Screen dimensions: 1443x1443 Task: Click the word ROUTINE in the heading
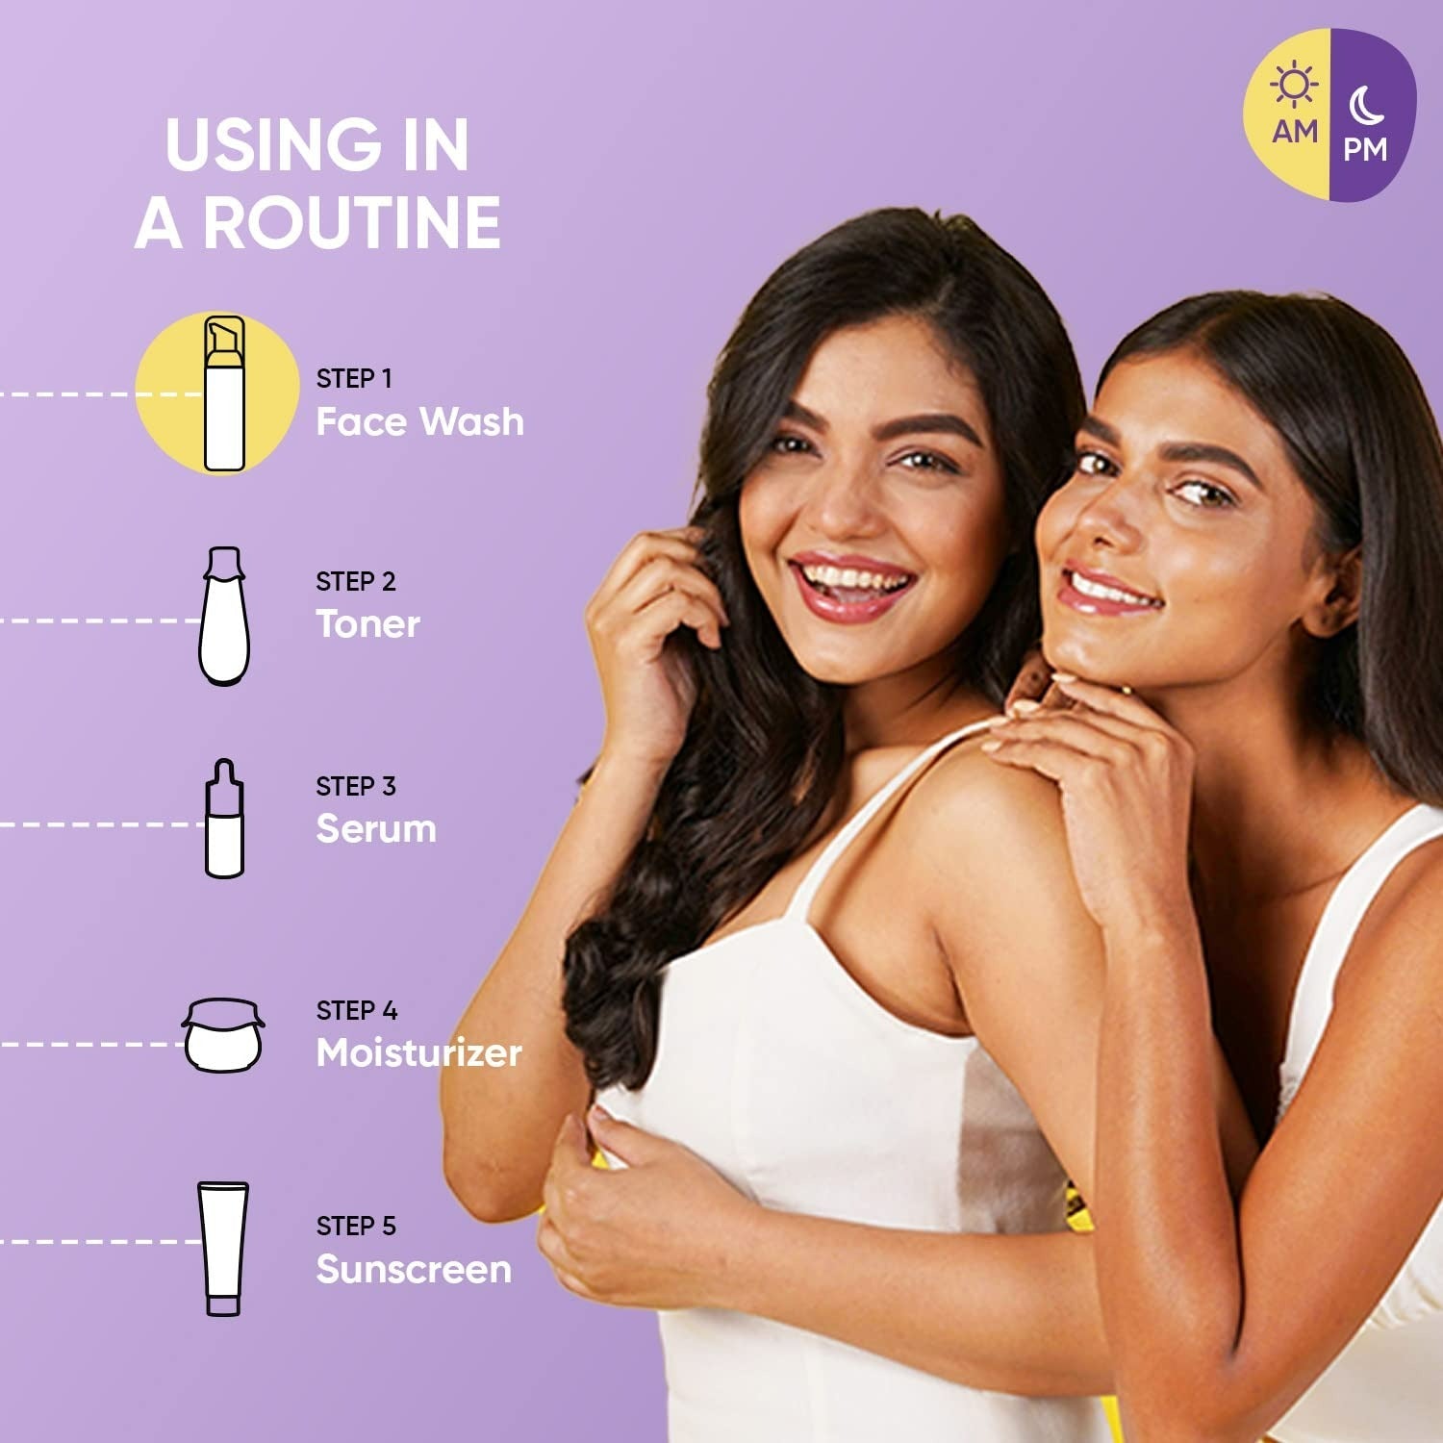point(351,223)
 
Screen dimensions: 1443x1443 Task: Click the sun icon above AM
point(1294,85)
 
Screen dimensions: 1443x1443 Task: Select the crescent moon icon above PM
point(1366,106)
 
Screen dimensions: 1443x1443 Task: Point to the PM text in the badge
point(1366,150)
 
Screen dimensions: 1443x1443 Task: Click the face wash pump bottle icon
point(224,393)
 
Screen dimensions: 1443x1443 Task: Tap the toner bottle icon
point(224,616)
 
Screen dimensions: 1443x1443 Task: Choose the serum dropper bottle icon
point(224,819)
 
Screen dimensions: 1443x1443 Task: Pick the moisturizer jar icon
point(223,1035)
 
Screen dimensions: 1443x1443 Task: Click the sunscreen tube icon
point(223,1249)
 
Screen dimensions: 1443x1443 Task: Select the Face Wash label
point(420,421)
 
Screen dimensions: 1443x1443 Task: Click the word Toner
point(368,624)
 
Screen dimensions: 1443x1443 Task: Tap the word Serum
point(376,828)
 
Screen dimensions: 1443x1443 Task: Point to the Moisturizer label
point(419,1052)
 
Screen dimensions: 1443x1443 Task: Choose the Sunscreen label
point(414,1269)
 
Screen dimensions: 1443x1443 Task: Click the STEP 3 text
point(356,786)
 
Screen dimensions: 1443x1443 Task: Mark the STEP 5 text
point(356,1226)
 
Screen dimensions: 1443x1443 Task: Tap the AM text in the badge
point(1295,131)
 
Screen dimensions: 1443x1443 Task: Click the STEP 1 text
point(354,378)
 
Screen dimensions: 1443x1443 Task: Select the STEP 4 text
point(357,1010)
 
